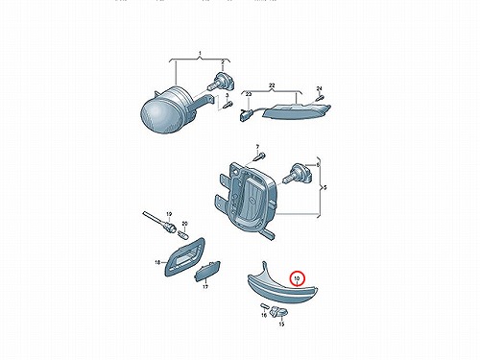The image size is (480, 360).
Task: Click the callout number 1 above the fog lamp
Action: tap(200, 53)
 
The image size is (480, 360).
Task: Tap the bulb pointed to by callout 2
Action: tap(222, 82)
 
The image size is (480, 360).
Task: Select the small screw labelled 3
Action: tap(228, 105)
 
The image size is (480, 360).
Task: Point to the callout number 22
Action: tap(272, 85)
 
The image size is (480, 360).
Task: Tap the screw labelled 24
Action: tap(320, 98)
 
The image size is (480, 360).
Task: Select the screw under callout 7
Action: tap(259, 157)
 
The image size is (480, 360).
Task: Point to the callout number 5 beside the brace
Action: tap(325, 187)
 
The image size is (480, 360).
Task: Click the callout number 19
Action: tap(169, 214)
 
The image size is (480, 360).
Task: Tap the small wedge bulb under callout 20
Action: tap(183, 233)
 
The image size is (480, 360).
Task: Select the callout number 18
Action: tap(157, 263)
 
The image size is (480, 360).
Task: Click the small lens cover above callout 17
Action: tap(207, 271)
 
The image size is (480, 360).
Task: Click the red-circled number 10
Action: tap(297, 278)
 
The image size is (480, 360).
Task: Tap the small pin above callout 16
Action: tap(264, 306)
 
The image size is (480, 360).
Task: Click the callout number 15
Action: tap(281, 324)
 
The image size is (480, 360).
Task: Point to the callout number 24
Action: tap(319, 88)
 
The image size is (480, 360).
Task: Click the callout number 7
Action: tap(257, 147)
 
